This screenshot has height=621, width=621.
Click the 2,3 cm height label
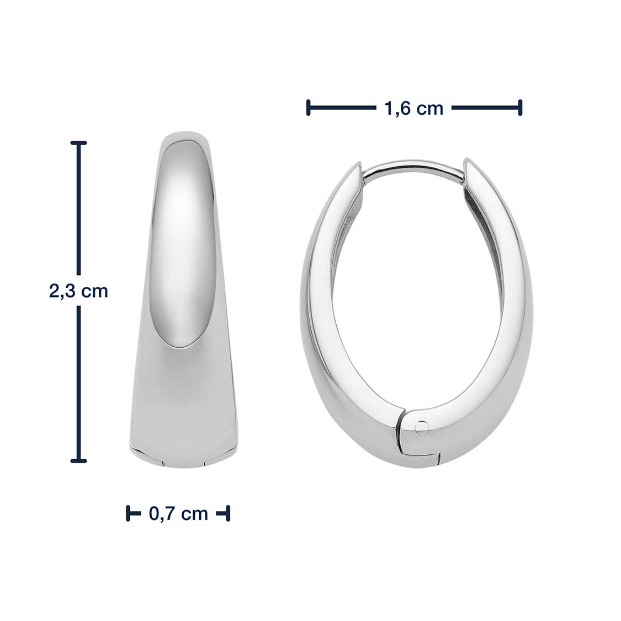point(78,291)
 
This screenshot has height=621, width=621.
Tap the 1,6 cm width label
point(413,108)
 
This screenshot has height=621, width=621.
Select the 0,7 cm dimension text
point(178,514)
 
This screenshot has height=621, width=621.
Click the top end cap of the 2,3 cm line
point(78,142)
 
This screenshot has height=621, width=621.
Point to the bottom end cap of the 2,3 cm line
point(78,460)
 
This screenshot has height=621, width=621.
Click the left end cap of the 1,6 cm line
point(308,108)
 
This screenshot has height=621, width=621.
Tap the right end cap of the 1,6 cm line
point(520,108)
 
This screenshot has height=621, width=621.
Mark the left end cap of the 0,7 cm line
point(128,513)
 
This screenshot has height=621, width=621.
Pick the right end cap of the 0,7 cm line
point(228,513)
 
